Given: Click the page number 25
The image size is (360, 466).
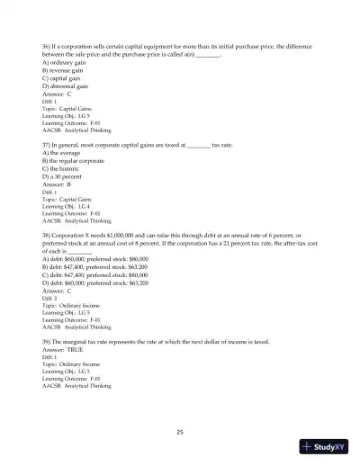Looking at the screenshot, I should (x=180, y=432).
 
